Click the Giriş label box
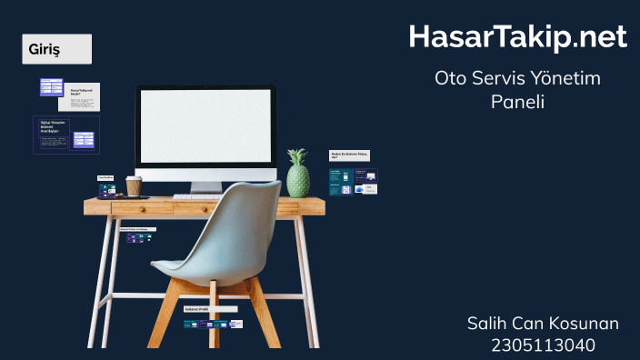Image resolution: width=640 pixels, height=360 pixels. click(56, 49)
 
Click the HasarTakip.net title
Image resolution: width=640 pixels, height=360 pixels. click(517, 36)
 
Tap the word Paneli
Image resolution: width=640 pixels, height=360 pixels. click(516, 102)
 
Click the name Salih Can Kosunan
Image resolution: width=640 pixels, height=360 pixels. click(543, 324)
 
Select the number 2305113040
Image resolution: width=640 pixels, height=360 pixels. click(543, 345)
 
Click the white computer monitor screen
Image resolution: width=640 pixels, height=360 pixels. click(205, 126)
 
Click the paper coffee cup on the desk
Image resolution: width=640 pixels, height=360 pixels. click(134, 186)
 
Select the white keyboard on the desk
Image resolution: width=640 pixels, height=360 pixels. click(196, 196)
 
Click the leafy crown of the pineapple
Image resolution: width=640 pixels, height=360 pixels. click(297, 156)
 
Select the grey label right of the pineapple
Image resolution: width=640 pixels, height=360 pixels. click(349, 155)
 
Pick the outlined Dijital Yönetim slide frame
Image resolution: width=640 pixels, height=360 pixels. click(66, 135)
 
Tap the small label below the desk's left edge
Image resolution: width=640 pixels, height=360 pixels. click(138, 229)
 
